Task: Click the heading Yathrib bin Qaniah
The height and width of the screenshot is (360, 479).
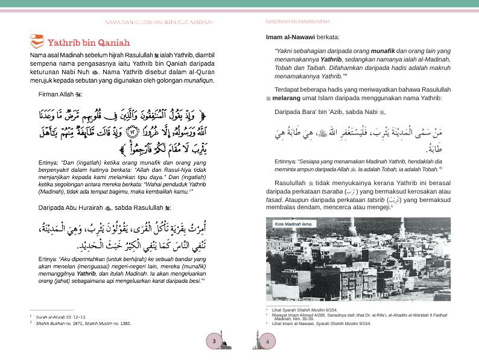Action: coord(88,43)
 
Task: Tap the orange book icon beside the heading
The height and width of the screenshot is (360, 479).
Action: coord(36,42)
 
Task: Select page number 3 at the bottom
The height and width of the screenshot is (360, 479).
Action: coord(214,341)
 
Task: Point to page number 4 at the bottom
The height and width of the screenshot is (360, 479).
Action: coord(266,341)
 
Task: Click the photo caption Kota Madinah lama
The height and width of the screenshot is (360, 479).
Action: coord(293,224)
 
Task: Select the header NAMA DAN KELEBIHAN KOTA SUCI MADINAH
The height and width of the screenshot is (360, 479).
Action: coord(159,22)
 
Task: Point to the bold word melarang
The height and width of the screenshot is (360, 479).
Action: coord(289,98)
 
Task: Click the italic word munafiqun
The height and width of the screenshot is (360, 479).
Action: coord(199,80)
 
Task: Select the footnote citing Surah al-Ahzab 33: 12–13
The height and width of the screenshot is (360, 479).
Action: coord(60,317)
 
